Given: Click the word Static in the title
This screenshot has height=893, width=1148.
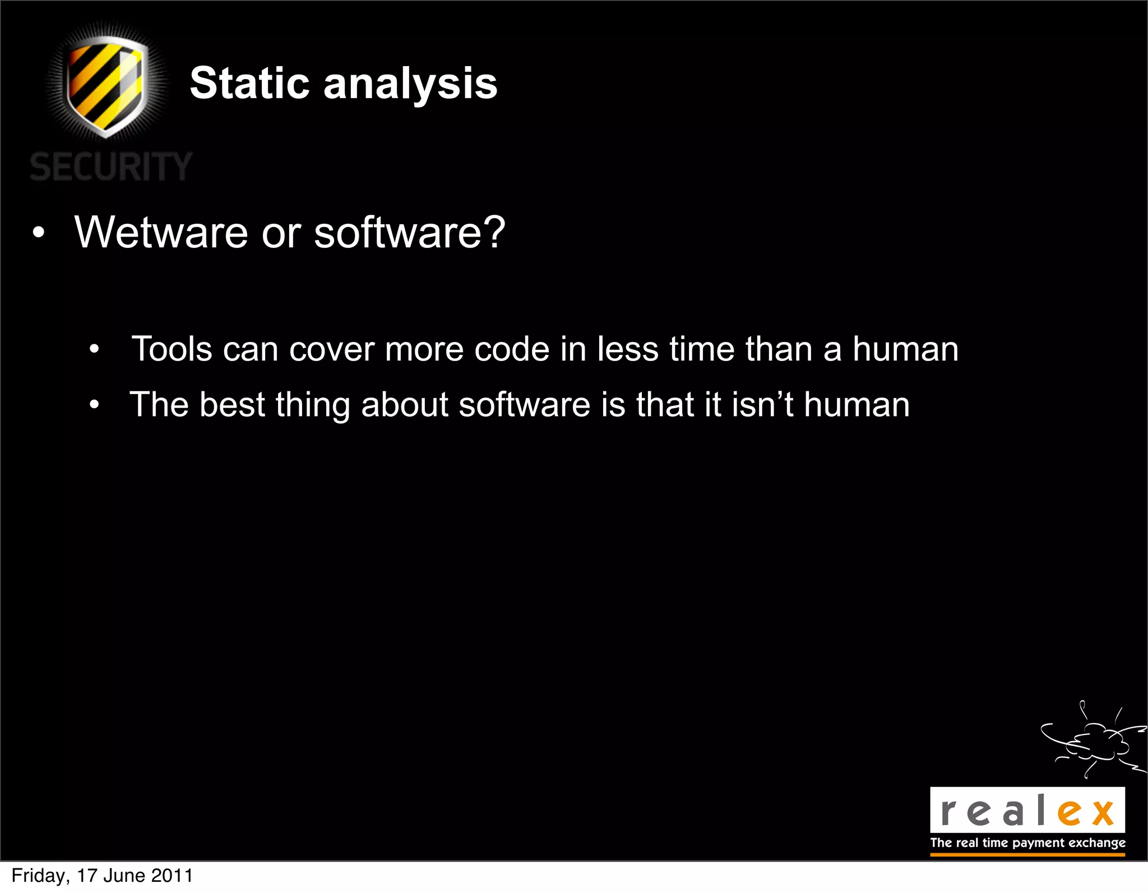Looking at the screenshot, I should point(249,84).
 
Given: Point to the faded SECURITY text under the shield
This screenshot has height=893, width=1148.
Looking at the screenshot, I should point(111,167).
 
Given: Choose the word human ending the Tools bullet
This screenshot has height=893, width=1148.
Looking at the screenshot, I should point(905,349).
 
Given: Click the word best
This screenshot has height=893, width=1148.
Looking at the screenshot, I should point(232,405).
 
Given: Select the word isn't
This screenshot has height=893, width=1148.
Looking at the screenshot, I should point(762,405).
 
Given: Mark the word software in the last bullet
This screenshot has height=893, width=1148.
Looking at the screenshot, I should point(524,405).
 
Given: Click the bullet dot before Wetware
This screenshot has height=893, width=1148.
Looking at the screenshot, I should point(38,233).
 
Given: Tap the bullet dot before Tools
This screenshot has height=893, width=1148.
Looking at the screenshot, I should point(94,350).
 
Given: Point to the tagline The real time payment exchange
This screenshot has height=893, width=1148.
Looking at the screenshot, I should point(1027,843).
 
